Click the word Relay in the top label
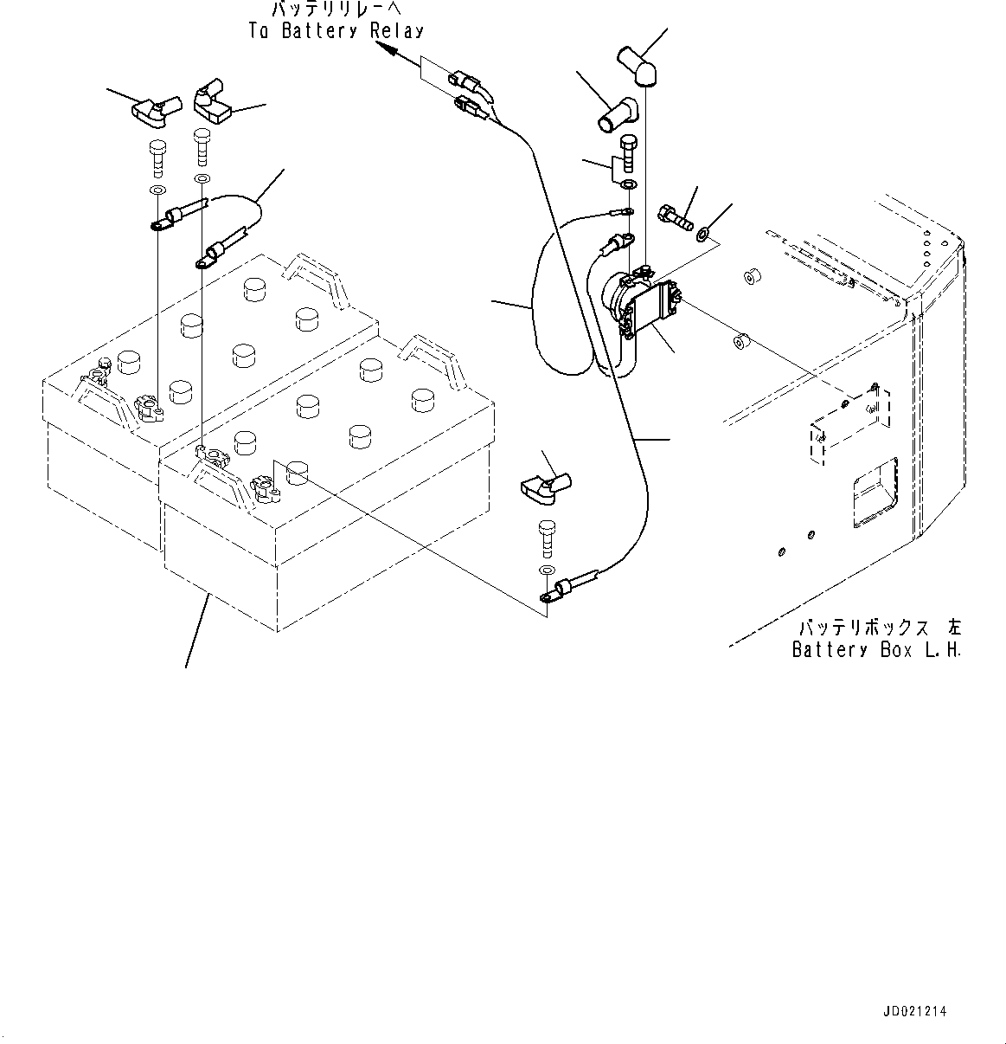(397, 31)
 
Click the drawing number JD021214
(915, 1012)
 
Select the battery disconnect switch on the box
(642, 306)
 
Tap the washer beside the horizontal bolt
(703, 234)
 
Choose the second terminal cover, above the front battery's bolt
(213, 102)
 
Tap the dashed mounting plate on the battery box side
(849, 424)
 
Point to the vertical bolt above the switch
(628, 154)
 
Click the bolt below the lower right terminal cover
(548, 539)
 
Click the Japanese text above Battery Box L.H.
(880, 627)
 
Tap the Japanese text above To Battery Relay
(336, 9)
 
